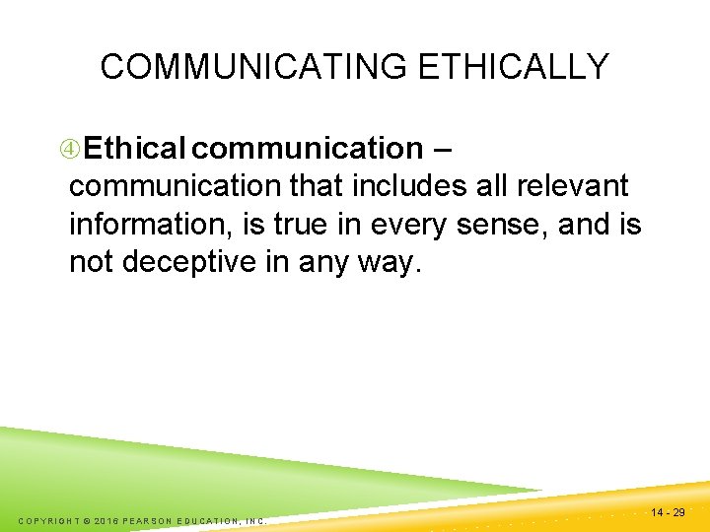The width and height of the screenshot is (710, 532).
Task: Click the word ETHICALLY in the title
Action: (x=514, y=67)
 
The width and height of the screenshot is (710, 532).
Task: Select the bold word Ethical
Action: (x=135, y=149)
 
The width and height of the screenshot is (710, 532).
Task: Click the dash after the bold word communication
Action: (x=443, y=149)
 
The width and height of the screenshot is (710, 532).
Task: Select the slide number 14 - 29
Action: (x=668, y=512)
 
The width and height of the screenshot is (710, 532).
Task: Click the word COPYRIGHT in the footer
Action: (x=51, y=520)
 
